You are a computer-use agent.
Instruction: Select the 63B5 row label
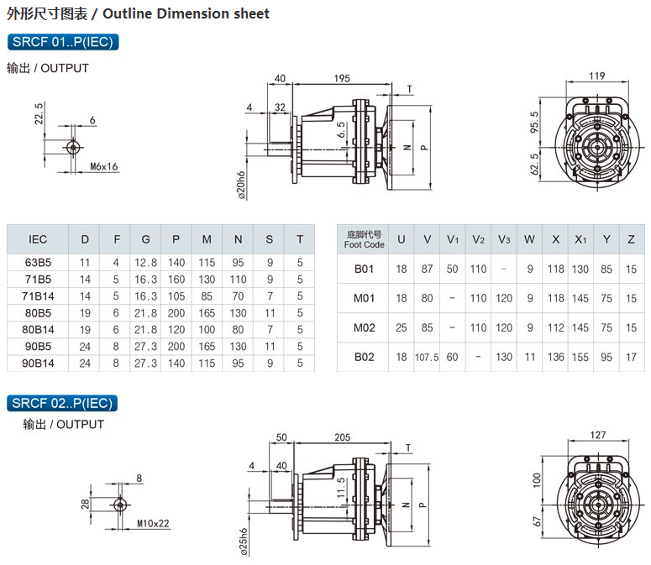click(x=38, y=263)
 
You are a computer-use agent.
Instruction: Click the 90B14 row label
click(x=38, y=363)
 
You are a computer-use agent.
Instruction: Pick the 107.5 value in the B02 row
click(x=427, y=357)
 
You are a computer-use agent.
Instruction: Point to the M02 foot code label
click(x=364, y=327)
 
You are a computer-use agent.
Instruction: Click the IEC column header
click(x=38, y=239)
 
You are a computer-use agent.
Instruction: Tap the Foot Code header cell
click(x=364, y=240)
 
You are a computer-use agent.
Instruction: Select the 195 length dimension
click(x=341, y=78)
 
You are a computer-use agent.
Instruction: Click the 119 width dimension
click(x=596, y=76)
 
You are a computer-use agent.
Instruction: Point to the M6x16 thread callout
click(x=103, y=167)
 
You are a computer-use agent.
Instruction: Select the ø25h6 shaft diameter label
click(x=242, y=542)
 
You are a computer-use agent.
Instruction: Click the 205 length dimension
click(x=341, y=437)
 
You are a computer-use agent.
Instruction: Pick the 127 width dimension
click(x=597, y=435)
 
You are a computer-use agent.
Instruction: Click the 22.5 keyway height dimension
click(x=39, y=114)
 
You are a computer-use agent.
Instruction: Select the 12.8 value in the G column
click(x=145, y=263)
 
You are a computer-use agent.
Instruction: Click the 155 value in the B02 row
click(x=580, y=357)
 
